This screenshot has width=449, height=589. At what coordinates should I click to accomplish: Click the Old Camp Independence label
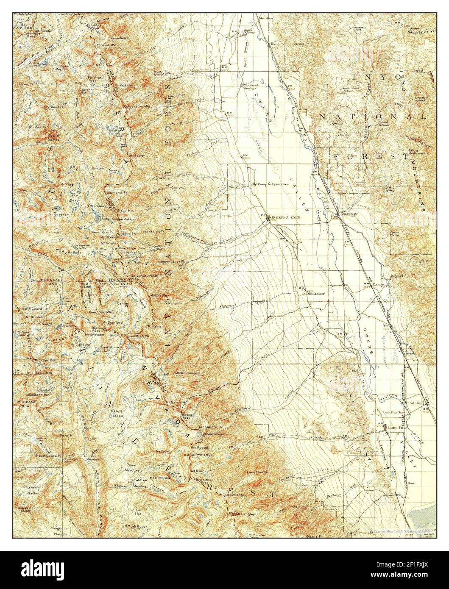click(x=271, y=184)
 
